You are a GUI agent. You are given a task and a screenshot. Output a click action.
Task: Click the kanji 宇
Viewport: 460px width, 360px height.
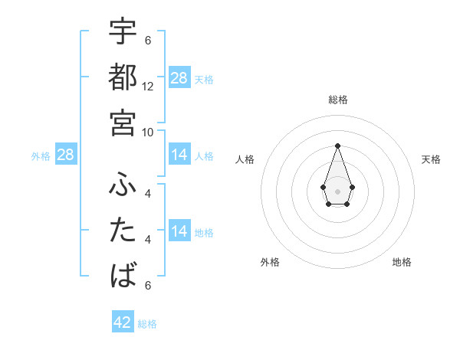123,34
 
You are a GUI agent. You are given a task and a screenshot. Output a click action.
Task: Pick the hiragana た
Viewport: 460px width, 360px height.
123,231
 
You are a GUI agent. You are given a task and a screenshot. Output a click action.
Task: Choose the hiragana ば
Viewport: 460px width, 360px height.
123,274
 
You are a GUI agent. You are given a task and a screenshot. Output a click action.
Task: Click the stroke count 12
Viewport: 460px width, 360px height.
148,87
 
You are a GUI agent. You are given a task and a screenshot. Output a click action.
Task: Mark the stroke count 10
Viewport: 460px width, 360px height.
148,132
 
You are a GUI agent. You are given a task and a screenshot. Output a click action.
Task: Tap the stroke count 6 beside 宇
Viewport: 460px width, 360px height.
148,41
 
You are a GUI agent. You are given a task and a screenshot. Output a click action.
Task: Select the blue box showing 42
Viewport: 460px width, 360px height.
123,322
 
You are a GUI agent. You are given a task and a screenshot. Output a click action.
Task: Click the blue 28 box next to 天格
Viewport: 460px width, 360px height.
179,78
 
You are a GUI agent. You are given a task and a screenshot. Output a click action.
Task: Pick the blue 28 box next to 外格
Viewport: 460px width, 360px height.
66,155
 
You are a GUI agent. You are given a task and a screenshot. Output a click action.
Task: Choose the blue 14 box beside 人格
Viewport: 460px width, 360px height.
179,155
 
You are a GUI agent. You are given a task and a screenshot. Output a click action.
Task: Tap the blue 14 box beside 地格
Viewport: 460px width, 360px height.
179,231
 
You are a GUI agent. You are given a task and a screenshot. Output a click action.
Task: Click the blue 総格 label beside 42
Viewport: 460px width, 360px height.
147,324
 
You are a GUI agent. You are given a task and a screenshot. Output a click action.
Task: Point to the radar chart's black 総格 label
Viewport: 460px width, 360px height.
337,100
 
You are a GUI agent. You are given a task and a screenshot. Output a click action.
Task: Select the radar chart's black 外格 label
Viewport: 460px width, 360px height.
270,262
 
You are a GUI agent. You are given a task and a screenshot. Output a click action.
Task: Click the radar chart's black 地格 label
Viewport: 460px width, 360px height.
402,262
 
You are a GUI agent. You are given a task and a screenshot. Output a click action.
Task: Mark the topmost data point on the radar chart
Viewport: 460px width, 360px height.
337,146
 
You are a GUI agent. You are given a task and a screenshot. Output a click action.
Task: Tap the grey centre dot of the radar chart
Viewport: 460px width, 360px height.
337,190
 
